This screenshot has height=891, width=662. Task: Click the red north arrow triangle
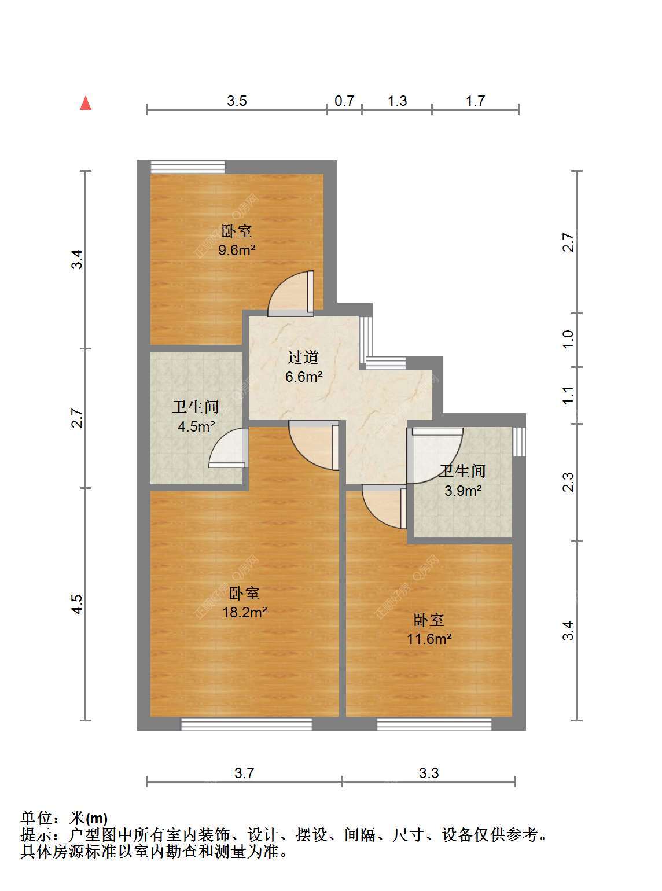(86, 103)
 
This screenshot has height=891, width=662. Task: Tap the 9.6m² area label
(237, 250)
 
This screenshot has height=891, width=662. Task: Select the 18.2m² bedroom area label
(245, 612)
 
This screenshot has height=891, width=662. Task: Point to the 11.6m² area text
(429, 639)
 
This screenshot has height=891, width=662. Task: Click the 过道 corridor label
(303, 357)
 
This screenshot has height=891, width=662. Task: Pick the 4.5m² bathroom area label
(196, 426)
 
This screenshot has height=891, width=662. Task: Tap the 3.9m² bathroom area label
(463, 491)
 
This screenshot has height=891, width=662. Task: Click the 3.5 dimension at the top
(237, 101)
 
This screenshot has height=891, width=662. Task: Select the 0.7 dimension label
(344, 101)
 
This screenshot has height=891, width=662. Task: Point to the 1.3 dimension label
(397, 101)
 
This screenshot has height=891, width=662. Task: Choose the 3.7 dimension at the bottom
(244, 773)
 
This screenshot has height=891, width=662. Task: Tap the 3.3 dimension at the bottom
(429, 773)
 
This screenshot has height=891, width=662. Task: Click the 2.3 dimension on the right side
(568, 482)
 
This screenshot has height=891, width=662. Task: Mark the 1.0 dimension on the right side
(568, 340)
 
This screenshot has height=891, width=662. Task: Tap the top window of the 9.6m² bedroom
(187, 167)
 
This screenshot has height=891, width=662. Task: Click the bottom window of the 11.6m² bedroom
(434, 724)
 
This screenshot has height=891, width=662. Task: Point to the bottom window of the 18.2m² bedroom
(247, 724)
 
